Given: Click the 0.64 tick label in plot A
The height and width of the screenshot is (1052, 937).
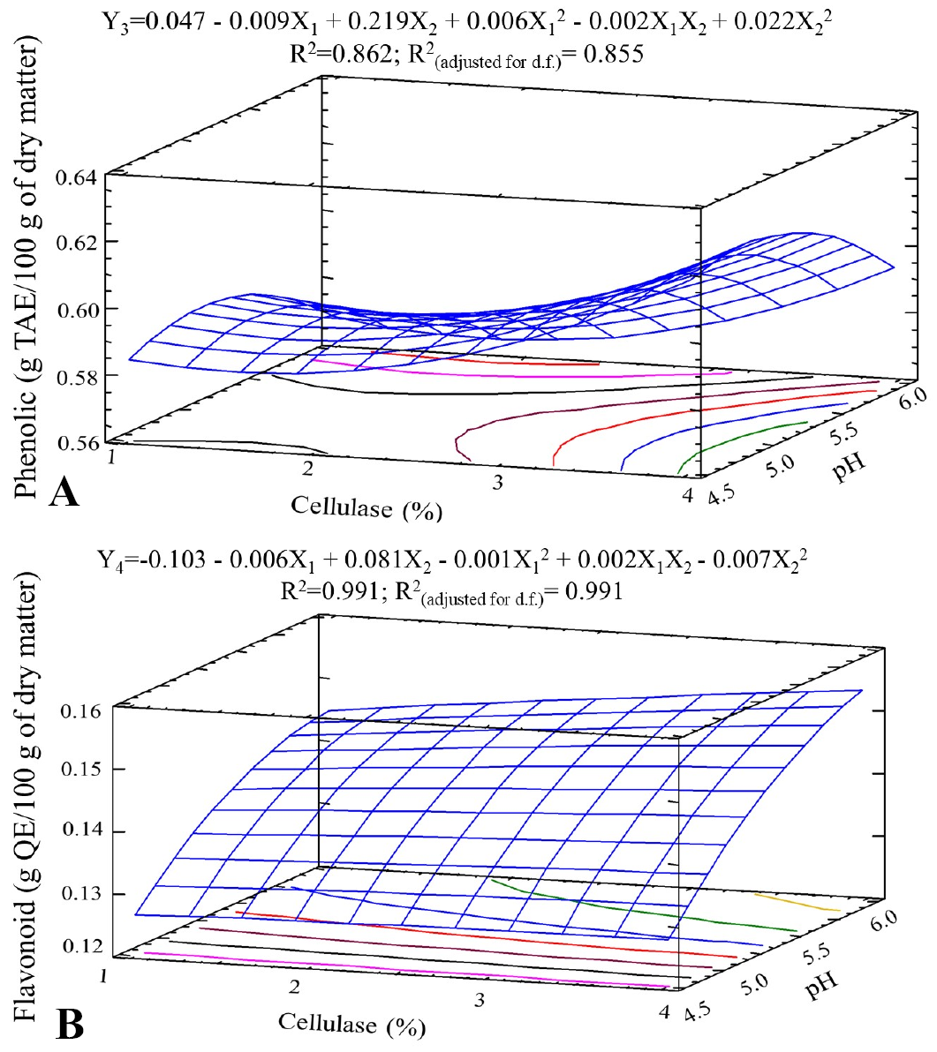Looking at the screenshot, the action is point(76,177).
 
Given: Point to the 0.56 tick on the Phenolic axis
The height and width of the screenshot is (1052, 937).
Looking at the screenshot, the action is point(76,443).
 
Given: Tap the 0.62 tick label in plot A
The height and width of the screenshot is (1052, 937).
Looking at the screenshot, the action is point(76,242).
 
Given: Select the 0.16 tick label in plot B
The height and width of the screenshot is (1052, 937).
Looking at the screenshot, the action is point(81,710).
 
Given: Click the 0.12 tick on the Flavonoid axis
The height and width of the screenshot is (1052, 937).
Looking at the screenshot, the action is point(82,946).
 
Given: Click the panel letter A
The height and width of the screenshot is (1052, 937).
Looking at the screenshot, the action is point(64,492).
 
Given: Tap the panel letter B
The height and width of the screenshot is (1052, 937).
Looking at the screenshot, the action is point(71,1026).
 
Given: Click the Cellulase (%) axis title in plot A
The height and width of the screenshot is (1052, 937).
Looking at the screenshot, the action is point(366,507).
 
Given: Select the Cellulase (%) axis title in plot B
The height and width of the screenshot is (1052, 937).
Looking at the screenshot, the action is point(352,1025).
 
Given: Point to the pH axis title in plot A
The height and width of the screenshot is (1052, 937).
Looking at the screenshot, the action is point(849,466).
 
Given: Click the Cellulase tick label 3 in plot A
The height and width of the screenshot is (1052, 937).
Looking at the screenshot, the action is point(497,483).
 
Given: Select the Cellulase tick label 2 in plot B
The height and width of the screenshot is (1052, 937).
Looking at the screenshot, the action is point(294,987).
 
